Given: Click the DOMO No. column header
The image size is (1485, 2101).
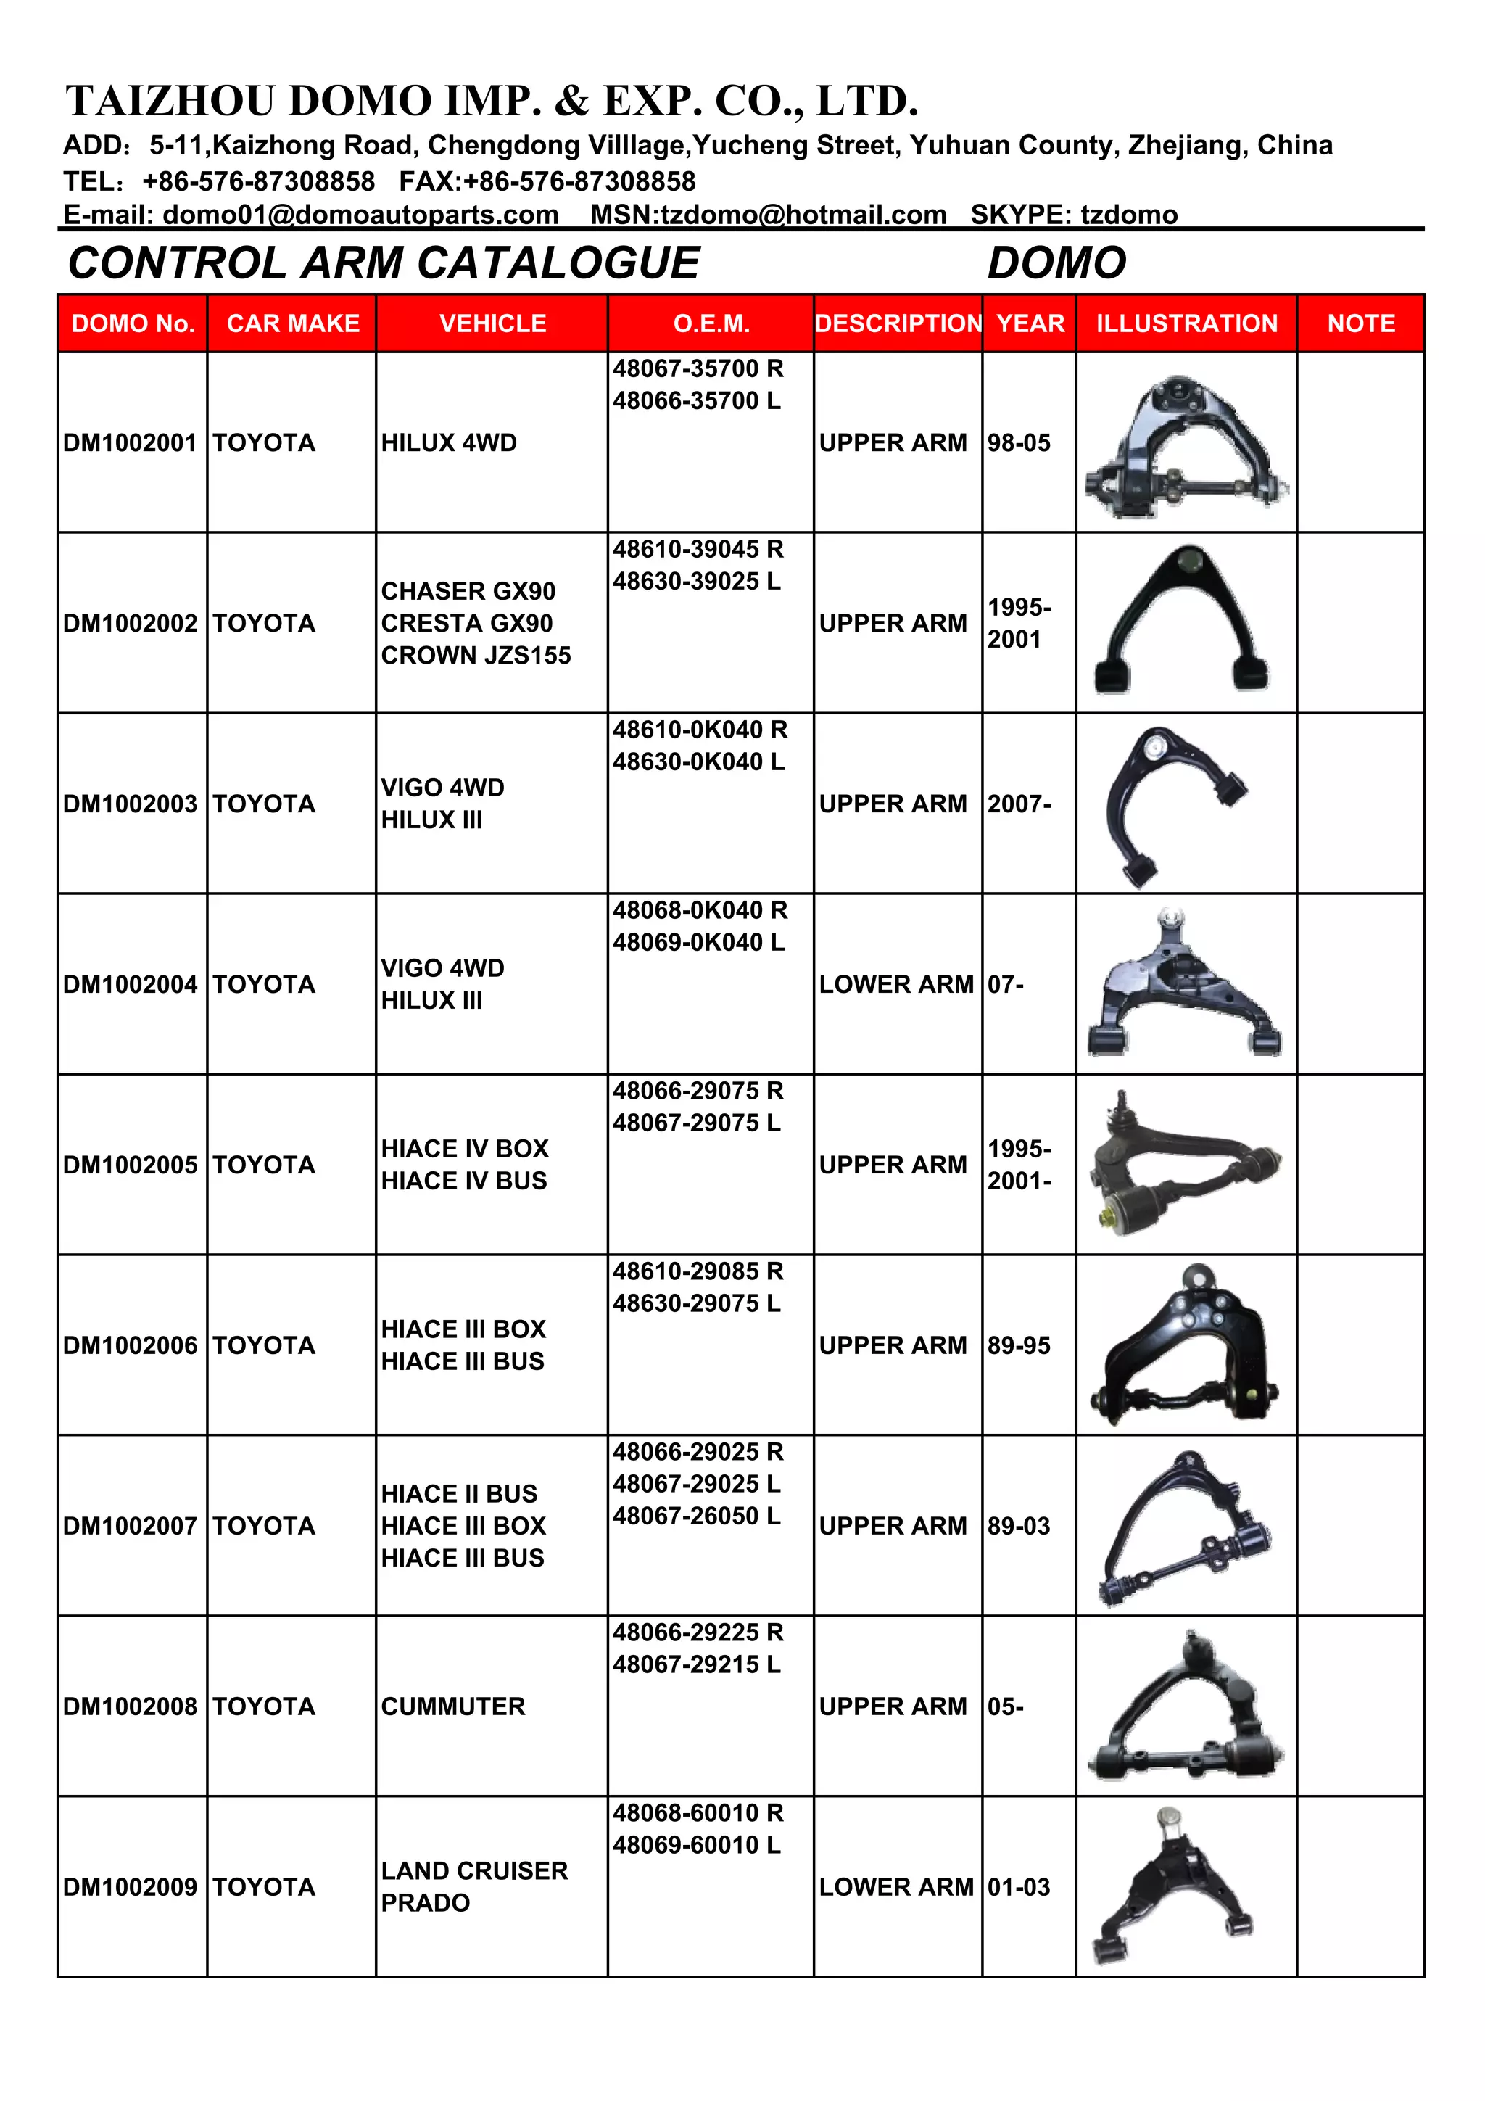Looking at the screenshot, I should (133, 323).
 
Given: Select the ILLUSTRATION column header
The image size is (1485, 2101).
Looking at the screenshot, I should (1187, 323).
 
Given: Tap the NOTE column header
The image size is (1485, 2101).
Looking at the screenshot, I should (1360, 323).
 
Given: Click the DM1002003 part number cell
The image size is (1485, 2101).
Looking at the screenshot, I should (130, 804).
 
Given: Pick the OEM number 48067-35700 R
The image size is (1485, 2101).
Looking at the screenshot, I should (698, 368).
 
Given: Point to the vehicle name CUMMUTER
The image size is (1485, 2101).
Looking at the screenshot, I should (453, 1706).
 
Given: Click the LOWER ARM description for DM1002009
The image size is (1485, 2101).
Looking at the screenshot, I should (895, 1887).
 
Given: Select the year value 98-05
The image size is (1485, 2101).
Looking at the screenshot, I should (1018, 443).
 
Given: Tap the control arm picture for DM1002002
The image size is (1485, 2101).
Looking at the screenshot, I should (1182, 620).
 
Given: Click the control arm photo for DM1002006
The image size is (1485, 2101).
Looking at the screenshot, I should (1185, 1343).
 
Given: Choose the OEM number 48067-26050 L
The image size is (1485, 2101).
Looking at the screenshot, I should (696, 1516).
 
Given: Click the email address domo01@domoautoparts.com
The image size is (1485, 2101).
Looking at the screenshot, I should (360, 215).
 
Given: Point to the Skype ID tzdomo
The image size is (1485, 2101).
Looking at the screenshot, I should (1129, 215).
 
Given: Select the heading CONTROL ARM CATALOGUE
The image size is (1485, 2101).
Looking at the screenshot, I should (384, 263).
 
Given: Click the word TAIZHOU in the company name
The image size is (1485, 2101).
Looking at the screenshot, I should (170, 101).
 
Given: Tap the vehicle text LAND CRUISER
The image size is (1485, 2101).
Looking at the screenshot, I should (474, 1870).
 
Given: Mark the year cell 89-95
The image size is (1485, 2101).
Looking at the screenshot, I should (1018, 1345).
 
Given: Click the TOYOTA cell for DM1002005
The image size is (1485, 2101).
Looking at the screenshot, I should (263, 1165).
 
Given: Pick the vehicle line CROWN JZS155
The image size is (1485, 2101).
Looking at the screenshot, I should (476, 655).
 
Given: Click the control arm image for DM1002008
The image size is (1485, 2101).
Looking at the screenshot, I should (1186, 1706).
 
